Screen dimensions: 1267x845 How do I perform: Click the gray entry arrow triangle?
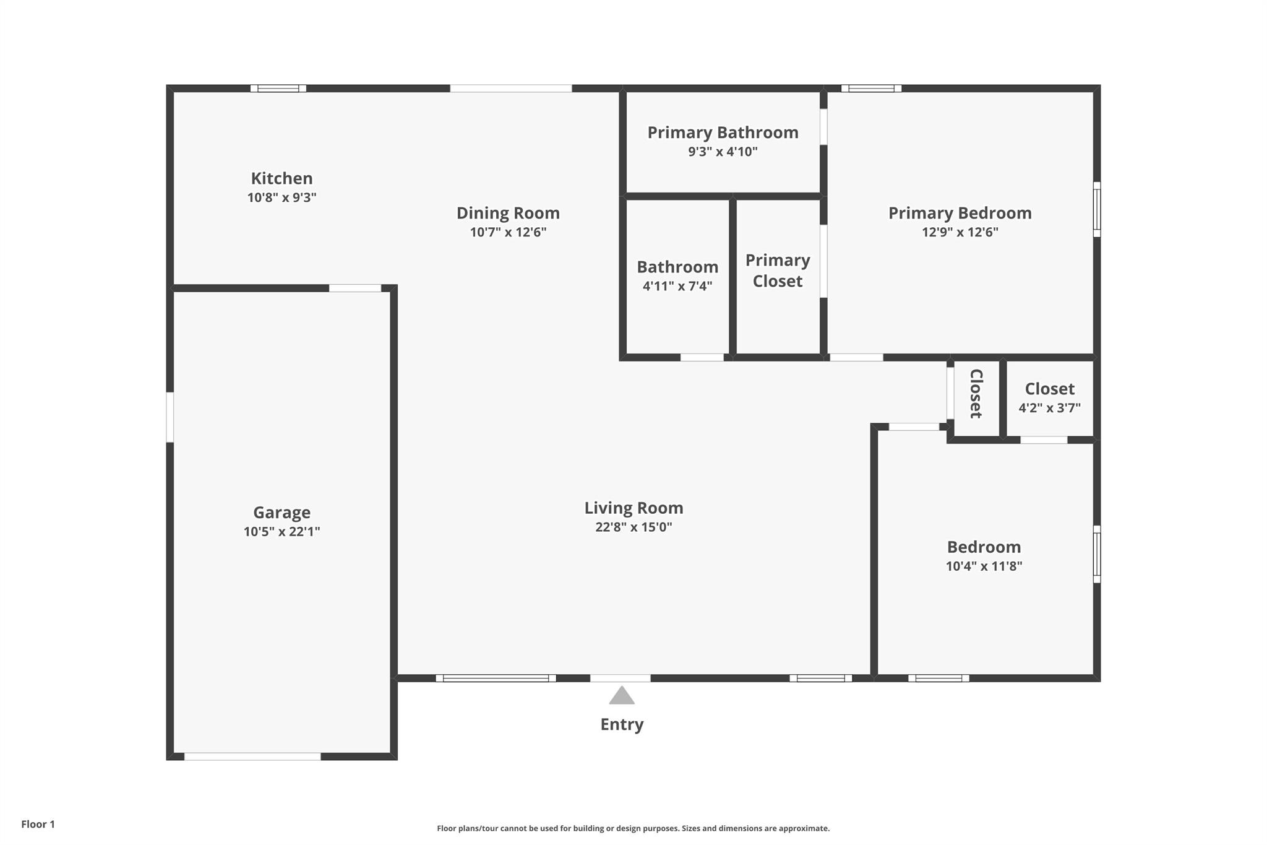(x=622, y=696)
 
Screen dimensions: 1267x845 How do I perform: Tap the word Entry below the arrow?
(x=622, y=725)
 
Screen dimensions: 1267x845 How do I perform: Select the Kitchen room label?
(x=281, y=178)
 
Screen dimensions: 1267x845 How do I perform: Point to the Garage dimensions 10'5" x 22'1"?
(x=281, y=531)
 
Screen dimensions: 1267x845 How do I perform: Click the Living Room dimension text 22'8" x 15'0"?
(x=633, y=527)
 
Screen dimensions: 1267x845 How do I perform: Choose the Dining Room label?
(x=508, y=213)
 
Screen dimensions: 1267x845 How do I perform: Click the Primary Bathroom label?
(x=723, y=132)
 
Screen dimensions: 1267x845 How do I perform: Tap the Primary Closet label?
(x=778, y=271)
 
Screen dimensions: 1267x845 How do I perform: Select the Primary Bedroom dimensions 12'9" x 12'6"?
(x=960, y=232)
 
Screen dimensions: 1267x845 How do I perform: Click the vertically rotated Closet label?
(x=976, y=394)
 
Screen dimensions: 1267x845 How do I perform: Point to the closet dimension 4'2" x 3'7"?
(x=1049, y=408)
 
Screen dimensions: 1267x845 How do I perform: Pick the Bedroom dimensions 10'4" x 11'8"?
(x=984, y=566)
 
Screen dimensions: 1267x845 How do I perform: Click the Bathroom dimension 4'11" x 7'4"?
(x=677, y=286)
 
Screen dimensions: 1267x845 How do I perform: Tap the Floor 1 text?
(x=38, y=824)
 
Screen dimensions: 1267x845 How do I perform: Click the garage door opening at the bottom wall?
(x=252, y=756)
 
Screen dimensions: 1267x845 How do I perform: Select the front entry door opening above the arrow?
(x=620, y=678)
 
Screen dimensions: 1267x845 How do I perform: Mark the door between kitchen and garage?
(x=355, y=288)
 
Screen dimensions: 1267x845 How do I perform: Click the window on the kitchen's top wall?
(x=278, y=89)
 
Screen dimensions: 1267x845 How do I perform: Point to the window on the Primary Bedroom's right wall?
(x=1097, y=209)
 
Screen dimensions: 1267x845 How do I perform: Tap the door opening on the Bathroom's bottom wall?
(x=702, y=357)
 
